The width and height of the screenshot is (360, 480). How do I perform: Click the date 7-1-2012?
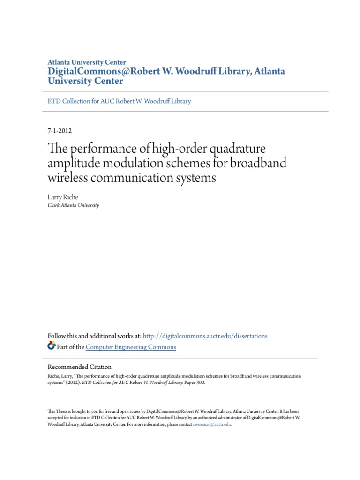(60, 131)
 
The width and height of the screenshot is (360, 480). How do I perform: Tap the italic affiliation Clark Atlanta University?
(74, 205)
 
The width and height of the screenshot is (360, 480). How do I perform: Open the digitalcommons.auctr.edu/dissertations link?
(205, 336)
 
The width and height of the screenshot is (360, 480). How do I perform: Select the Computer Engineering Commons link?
(131, 347)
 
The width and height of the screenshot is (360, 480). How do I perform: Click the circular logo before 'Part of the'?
(52, 346)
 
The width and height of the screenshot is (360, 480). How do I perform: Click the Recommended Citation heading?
(80, 367)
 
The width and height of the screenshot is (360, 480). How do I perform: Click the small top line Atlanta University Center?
(87, 62)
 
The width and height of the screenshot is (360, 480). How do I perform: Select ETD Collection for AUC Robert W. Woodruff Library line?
(120, 101)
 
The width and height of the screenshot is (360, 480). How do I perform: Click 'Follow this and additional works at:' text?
(94, 336)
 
